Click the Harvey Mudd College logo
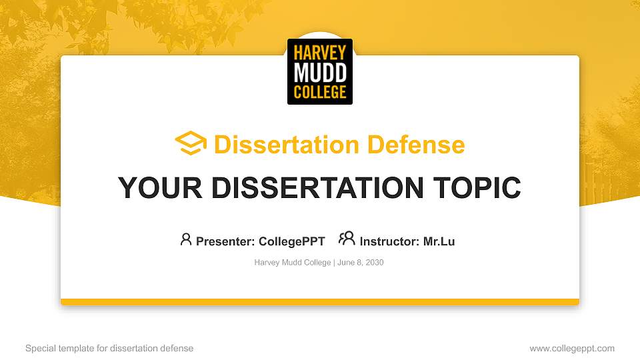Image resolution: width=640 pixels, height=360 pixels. pos(320,71)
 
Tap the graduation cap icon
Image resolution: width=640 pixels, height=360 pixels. pos(191,143)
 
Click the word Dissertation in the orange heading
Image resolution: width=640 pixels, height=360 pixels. pos(277,145)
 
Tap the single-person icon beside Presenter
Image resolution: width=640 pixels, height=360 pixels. pos(186,239)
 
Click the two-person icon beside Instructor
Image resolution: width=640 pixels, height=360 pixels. pos(347,239)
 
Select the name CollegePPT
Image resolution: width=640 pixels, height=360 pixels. pos(291,241)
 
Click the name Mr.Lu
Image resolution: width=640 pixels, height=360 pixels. pos(439,241)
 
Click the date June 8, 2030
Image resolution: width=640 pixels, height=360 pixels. pos(361,263)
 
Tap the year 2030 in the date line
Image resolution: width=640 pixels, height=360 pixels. pos(374,263)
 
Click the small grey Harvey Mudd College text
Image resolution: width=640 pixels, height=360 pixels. pos(292,263)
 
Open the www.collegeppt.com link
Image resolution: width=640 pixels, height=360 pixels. pos(572,348)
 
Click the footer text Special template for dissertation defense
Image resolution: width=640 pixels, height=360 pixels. pos(109,348)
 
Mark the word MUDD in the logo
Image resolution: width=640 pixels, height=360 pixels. pos(320,71)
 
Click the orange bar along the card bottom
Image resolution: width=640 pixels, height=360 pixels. pos(320,302)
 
